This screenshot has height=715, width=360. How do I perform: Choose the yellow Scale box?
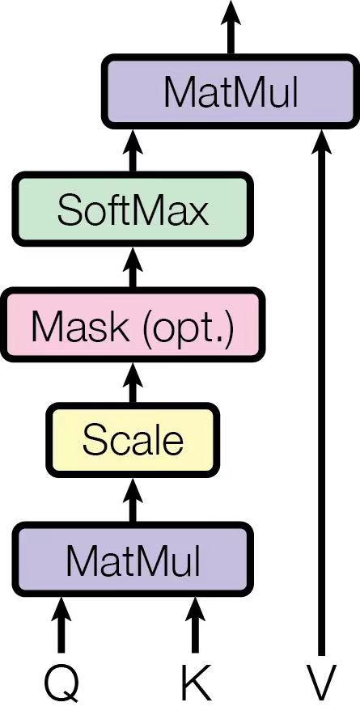click(x=133, y=441)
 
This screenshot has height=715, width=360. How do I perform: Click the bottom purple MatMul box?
click(x=133, y=559)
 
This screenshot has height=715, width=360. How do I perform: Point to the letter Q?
click(x=61, y=683)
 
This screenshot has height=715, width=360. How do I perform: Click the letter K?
click(x=194, y=683)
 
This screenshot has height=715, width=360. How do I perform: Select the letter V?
click(x=321, y=683)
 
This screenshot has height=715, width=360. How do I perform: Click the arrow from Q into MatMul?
click(x=61, y=624)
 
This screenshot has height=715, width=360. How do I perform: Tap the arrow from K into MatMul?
click(x=194, y=624)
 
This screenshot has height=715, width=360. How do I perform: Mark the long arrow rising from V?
click(x=321, y=388)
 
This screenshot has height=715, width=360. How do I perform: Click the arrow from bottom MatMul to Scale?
click(x=133, y=500)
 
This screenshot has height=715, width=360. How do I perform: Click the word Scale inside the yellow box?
click(x=133, y=441)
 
